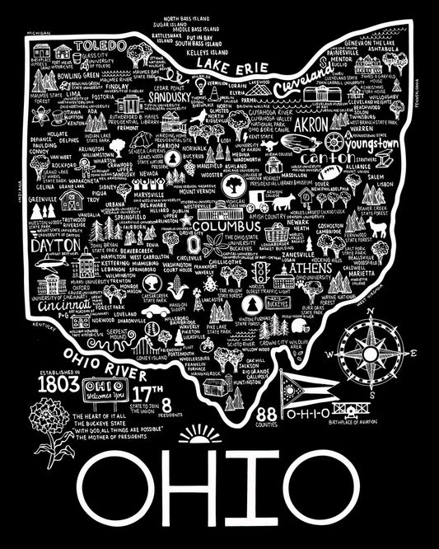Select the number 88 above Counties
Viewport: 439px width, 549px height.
click(x=245, y=413)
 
